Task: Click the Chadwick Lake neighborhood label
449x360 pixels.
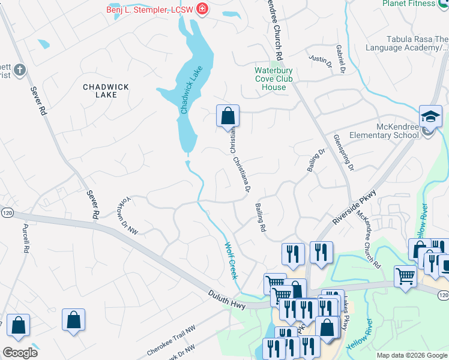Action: coord(106,91)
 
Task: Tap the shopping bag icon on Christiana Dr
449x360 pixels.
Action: coord(228,115)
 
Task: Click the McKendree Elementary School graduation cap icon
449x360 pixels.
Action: coord(430,116)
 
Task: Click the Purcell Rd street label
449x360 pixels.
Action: coord(26,237)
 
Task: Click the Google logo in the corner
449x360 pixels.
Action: coord(20,353)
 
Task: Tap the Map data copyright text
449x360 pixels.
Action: coord(412,355)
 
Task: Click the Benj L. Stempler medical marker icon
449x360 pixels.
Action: coord(202,9)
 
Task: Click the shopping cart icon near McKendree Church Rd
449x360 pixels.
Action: coord(406,276)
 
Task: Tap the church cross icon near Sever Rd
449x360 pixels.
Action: coord(19,70)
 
